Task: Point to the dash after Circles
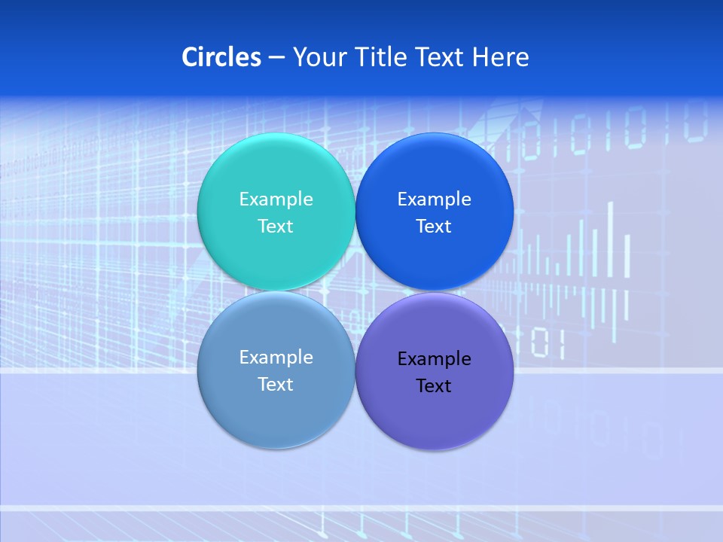point(276,58)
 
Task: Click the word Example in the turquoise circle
point(276,199)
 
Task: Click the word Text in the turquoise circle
point(276,227)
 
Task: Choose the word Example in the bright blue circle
point(434,199)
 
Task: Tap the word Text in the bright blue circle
point(434,227)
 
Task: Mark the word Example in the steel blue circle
point(276,358)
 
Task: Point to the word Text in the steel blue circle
point(276,385)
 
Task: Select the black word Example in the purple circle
point(434,359)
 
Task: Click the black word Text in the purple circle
point(434,386)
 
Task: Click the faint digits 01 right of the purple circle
point(548,343)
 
